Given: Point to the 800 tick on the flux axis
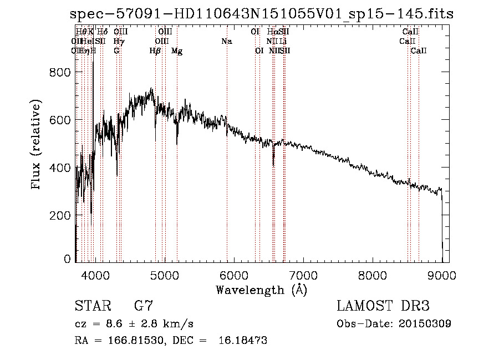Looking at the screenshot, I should click(62, 73).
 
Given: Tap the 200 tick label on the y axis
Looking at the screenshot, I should click(62, 215).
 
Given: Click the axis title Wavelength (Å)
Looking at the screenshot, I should click(261, 290).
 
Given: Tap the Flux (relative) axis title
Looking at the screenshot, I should click(37, 145).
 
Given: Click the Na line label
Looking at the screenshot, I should click(226, 42).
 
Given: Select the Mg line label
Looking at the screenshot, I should click(177, 51).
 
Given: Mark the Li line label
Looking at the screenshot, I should click(283, 42).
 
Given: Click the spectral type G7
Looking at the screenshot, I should click(143, 306).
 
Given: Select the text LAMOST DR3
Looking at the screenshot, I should click(383, 306).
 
